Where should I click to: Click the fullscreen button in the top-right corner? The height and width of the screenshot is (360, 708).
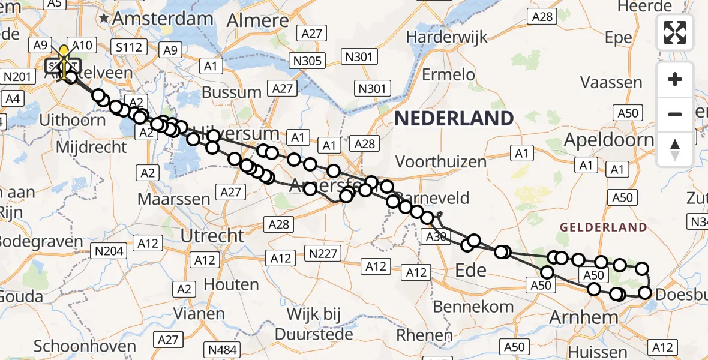pos(675,32)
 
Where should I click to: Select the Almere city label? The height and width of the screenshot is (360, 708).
pos(258,20)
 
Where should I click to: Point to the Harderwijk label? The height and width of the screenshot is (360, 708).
pos(445,36)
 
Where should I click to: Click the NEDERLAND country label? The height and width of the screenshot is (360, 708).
pos(454,118)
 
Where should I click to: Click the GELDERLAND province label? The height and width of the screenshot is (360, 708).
pos(604,227)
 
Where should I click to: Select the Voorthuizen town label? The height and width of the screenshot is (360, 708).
pos(441,161)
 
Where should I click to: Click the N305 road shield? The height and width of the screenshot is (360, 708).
pos(309,60)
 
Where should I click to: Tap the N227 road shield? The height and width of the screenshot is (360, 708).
pos(323,253)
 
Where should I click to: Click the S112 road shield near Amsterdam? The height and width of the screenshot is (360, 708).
pos(127,46)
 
